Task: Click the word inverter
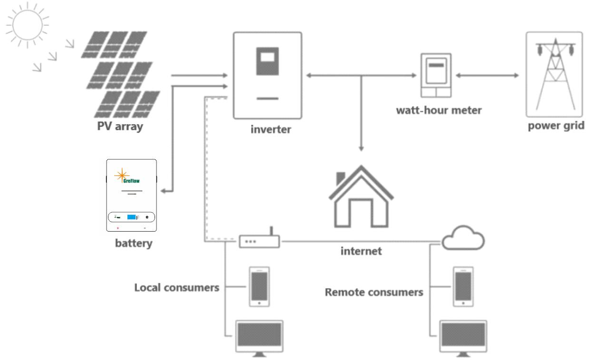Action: click(x=271, y=129)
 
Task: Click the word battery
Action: click(x=134, y=244)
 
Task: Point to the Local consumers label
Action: click(x=177, y=288)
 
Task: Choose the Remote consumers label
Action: click(x=374, y=292)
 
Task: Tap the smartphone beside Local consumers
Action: click(x=259, y=286)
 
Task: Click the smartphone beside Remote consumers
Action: click(x=464, y=286)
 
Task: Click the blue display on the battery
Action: click(x=131, y=217)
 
